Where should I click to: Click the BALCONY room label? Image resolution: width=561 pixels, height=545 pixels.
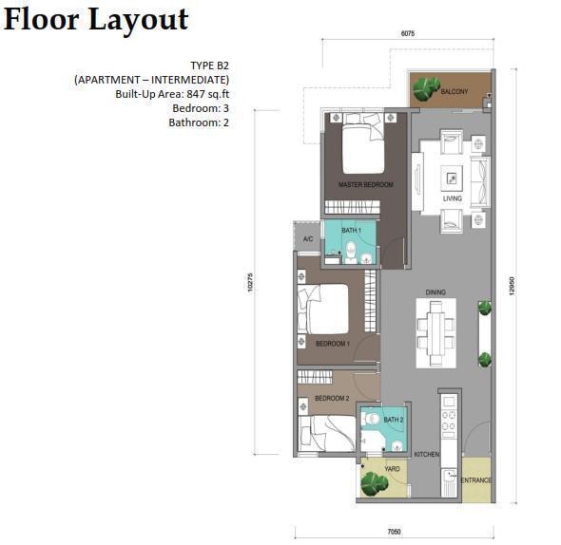(x=454, y=91)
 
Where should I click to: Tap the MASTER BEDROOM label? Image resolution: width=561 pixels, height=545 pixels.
(x=366, y=185)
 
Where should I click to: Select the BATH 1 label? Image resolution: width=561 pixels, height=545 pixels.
(x=351, y=231)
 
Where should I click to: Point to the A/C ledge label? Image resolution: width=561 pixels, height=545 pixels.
(x=308, y=239)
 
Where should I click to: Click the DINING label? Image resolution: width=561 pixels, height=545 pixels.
(x=435, y=292)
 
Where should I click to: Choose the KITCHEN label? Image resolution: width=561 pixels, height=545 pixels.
(x=427, y=454)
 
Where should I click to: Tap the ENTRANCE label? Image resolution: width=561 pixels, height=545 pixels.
(x=475, y=479)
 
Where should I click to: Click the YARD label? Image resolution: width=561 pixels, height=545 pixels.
(x=392, y=468)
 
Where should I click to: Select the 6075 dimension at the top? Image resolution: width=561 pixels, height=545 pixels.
(x=408, y=33)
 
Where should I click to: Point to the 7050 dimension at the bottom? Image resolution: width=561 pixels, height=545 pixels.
(x=395, y=532)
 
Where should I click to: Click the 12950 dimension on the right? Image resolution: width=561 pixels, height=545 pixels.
(x=512, y=286)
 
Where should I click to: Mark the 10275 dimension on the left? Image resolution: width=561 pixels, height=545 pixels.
(x=250, y=282)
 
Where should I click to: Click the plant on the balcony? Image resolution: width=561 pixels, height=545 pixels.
(x=426, y=88)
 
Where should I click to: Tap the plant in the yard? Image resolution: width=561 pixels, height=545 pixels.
(x=375, y=484)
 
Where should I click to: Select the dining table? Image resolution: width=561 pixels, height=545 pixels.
(x=435, y=332)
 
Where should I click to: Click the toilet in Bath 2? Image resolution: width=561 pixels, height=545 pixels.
(x=371, y=418)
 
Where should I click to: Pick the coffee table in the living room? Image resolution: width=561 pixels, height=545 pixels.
(x=452, y=178)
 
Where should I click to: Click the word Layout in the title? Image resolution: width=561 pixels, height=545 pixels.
(x=139, y=20)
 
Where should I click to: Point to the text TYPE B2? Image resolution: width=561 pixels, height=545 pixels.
(x=209, y=66)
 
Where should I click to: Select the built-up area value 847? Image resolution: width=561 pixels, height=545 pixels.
(x=196, y=94)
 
